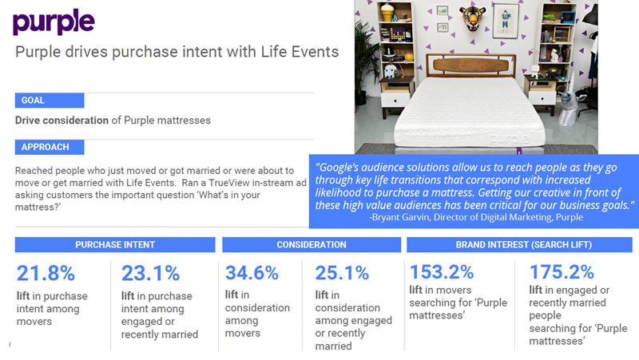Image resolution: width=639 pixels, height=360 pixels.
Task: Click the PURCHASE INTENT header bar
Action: click(x=115, y=244)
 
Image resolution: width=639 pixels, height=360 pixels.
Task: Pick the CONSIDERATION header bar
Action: click(x=312, y=244)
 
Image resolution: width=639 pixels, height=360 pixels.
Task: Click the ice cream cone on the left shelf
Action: click(x=387, y=13)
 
